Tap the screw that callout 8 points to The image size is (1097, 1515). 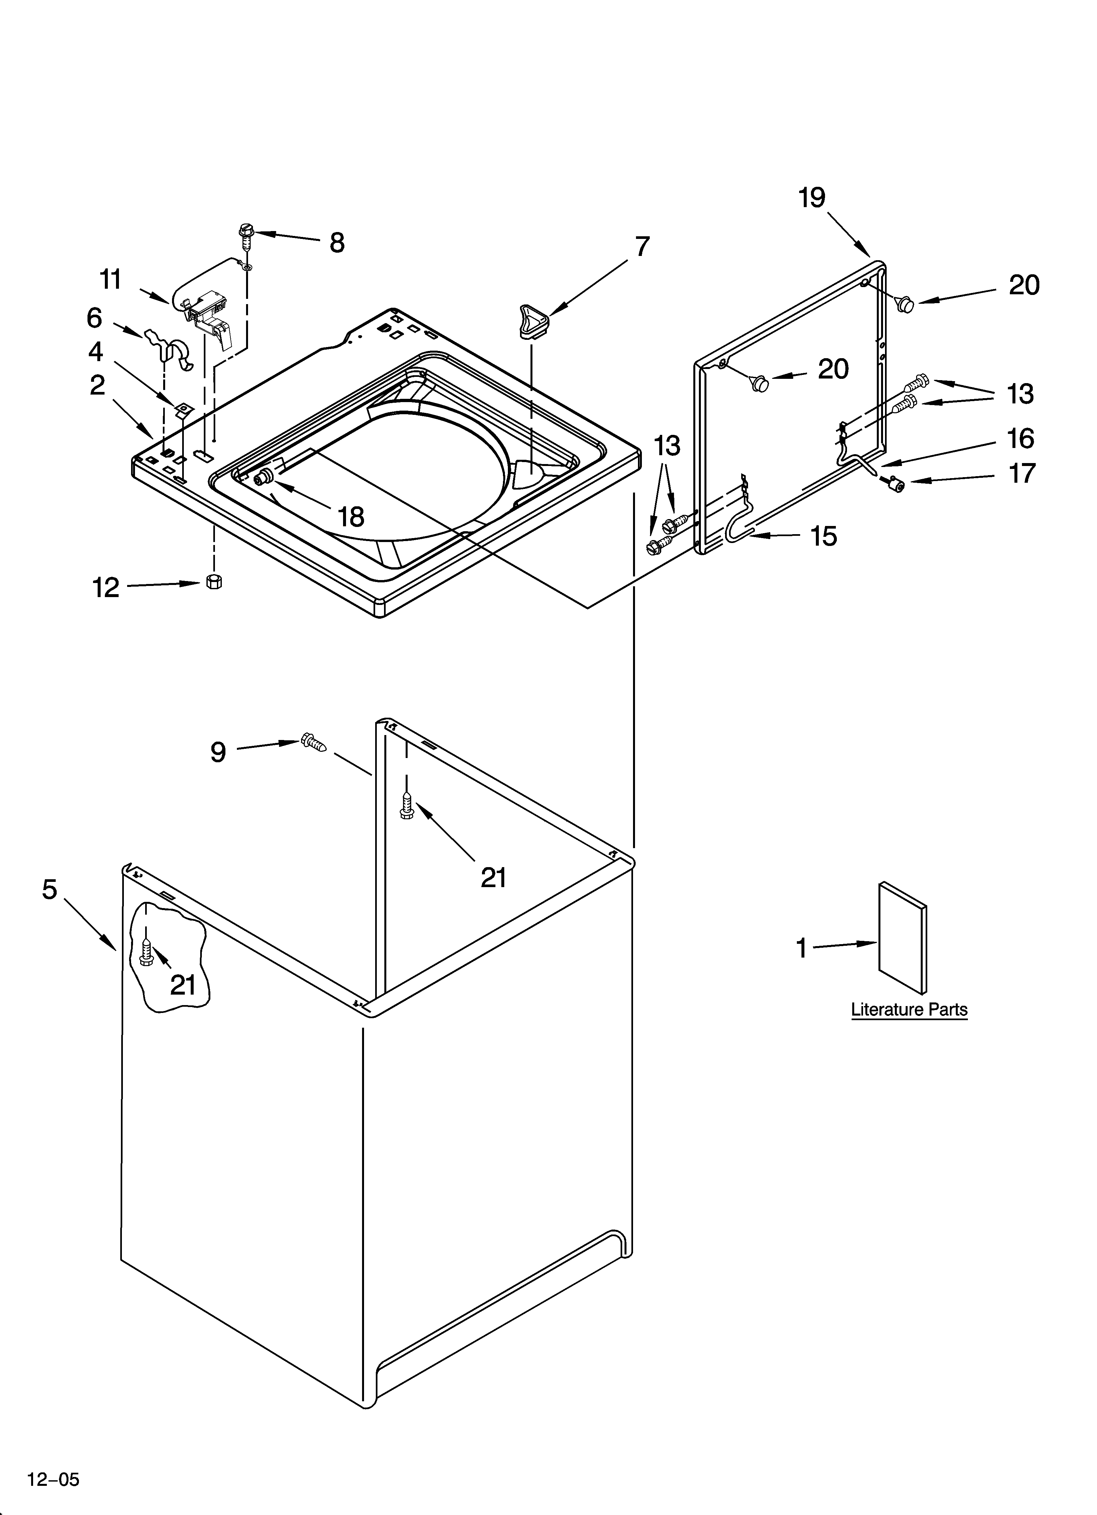245,235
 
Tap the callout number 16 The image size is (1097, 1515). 1020,439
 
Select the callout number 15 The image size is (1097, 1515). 824,536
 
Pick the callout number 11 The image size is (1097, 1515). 110,279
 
